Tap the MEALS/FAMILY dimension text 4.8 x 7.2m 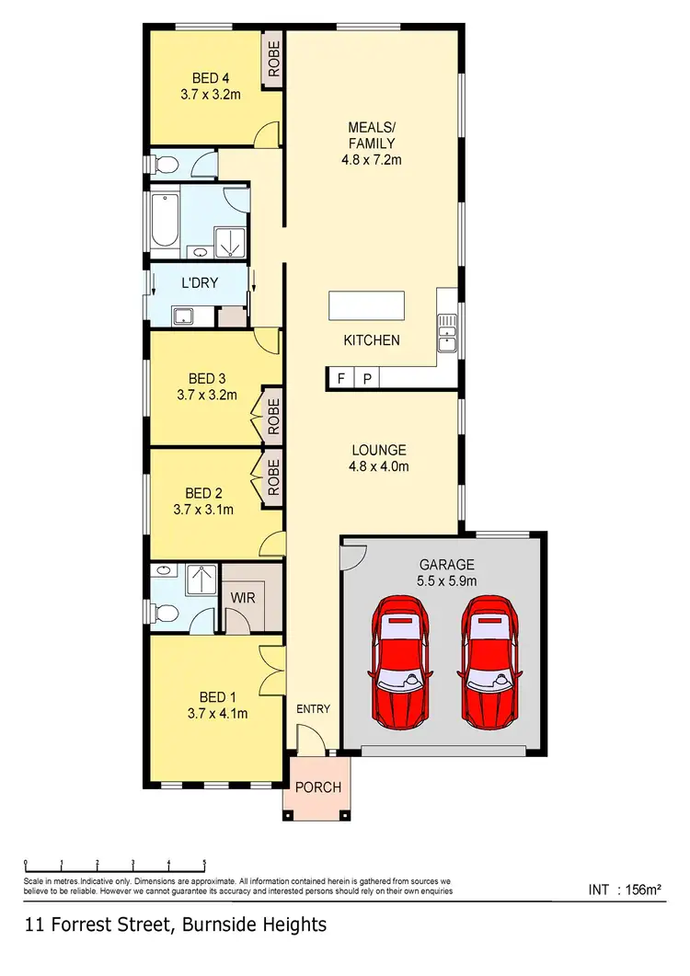pyautogui.click(x=372, y=159)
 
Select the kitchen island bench pyautogui.click(x=366, y=305)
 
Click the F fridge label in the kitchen pyautogui.click(x=341, y=378)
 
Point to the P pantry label pyautogui.click(x=366, y=378)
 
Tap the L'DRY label pyautogui.click(x=200, y=282)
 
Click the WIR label pyautogui.click(x=242, y=597)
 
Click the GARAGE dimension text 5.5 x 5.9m pyautogui.click(x=446, y=581)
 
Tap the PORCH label pyautogui.click(x=317, y=787)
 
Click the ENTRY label pyautogui.click(x=313, y=709)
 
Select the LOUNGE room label pyautogui.click(x=379, y=450)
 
